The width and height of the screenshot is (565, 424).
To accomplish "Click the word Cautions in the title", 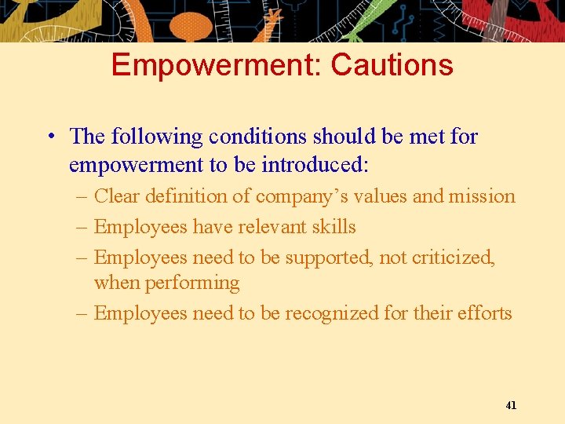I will point(392,64).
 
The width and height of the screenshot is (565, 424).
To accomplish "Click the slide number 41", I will point(511,405).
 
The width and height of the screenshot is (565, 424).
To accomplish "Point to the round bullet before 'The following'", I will point(49,137).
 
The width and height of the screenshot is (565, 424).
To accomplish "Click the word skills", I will point(333,227).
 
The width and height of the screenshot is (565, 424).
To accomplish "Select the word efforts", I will point(485,313).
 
